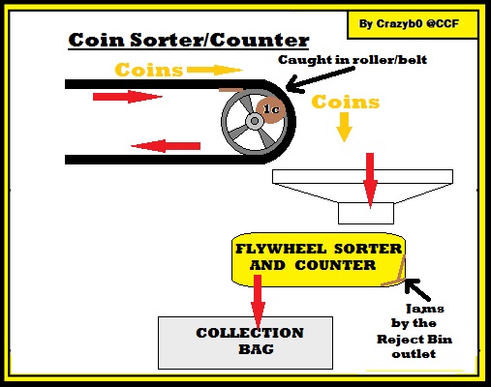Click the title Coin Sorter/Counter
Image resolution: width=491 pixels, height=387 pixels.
pos(189,41)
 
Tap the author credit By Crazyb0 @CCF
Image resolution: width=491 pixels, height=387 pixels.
pos(409,23)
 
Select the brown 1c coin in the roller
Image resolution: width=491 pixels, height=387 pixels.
pos(271,109)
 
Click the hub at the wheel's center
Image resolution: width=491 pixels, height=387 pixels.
pos(255,121)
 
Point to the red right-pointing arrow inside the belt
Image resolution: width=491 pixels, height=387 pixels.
pos(128,97)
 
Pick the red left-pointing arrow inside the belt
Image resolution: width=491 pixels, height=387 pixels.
pos(166,146)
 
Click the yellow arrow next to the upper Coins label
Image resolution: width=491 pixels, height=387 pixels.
pos(215,70)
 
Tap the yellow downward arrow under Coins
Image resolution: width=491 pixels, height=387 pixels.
pos(344,127)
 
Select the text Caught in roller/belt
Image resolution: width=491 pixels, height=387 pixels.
pos(353,60)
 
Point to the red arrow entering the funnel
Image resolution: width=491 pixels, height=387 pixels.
pos(370,181)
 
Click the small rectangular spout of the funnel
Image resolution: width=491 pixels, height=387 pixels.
pos(366,213)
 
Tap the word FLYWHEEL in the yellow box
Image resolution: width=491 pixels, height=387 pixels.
pos(281,249)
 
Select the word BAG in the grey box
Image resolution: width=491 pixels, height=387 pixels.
pos(256,349)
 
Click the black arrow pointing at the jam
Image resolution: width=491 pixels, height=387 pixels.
pos(417,289)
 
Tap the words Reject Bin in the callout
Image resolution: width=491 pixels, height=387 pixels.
pos(414,340)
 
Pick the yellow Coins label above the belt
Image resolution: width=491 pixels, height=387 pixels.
pos(149,70)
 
